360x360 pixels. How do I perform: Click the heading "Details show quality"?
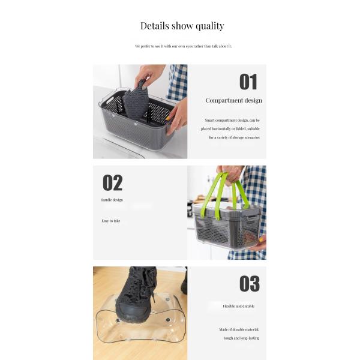(182, 26)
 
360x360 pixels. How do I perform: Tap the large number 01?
(248, 82)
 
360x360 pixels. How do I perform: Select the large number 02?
(113, 183)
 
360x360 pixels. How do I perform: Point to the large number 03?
(250, 284)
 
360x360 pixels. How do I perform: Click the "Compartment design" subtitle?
(234, 100)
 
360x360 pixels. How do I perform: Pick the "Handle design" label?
(112, 200)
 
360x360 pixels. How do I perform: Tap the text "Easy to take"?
(110, 221)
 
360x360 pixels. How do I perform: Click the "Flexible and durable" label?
(239, 306)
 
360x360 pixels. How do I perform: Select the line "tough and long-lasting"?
(242, 338)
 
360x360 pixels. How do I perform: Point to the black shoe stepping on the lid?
(134, 296)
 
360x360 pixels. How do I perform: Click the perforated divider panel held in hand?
(136, 101)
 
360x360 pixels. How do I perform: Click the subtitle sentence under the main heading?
(183, 46)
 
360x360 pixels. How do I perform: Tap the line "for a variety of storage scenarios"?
(234, 137)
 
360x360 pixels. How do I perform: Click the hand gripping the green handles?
(230, 174)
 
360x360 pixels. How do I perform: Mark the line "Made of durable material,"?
(239, 329)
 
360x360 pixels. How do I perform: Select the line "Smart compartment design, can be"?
(232, 121)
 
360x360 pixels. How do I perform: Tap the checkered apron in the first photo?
(178, 82)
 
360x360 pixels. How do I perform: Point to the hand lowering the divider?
(149, 74)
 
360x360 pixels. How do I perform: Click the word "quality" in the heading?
(210, 26)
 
